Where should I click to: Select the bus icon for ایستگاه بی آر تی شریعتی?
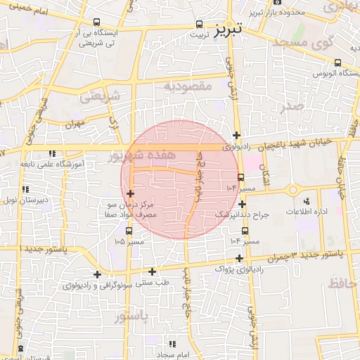tap(96, 22)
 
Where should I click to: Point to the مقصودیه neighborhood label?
tap(188, 86)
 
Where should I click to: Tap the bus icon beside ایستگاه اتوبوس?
tap(338, 63)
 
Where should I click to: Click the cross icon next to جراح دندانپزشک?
tap(241, 204)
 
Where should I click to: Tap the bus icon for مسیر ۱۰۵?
tap(129, 231)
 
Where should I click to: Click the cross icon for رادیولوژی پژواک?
tap(241, 258)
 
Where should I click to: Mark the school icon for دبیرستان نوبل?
tap(25, 189)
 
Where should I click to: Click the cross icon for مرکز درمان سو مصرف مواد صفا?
tap(130, 193)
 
